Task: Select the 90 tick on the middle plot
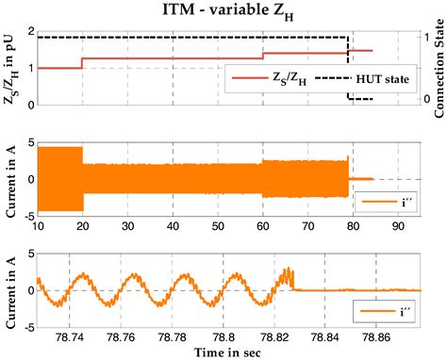pyautogui.click(x=398, y=226)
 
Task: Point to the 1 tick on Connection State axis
pyautogui.click(x=426, y=38)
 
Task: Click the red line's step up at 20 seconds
pyautogui.click(x=82, y=63)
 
